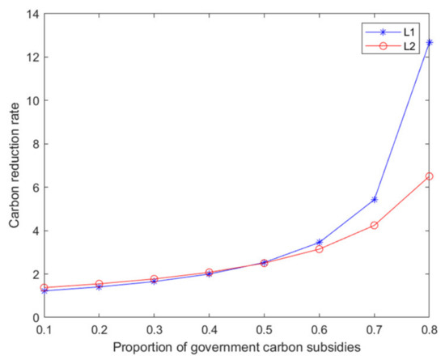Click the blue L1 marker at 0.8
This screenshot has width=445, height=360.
(429, 42)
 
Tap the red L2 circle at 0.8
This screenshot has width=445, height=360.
(429, 176)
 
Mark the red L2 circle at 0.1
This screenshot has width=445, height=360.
(44, 287)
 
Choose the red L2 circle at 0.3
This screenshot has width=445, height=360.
(154, 279)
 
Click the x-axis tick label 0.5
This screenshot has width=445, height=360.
(264, 330)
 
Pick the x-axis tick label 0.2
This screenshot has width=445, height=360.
(99, 330)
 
